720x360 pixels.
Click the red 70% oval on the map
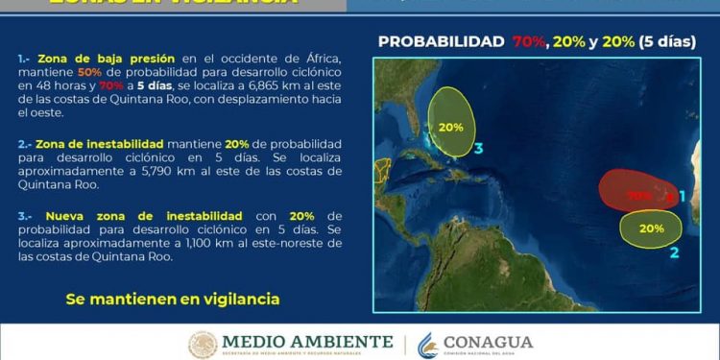coord(634,191)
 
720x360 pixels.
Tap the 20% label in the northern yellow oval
coord(450,127)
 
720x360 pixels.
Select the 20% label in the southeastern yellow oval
coord(651,228)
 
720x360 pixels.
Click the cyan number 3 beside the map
coord(478,149)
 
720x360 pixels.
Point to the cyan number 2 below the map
coord(674,252)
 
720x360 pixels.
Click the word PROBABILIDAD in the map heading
coord(442,41)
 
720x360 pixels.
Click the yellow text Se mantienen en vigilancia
coord(173,299)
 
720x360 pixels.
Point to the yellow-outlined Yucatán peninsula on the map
coord(382,170)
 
